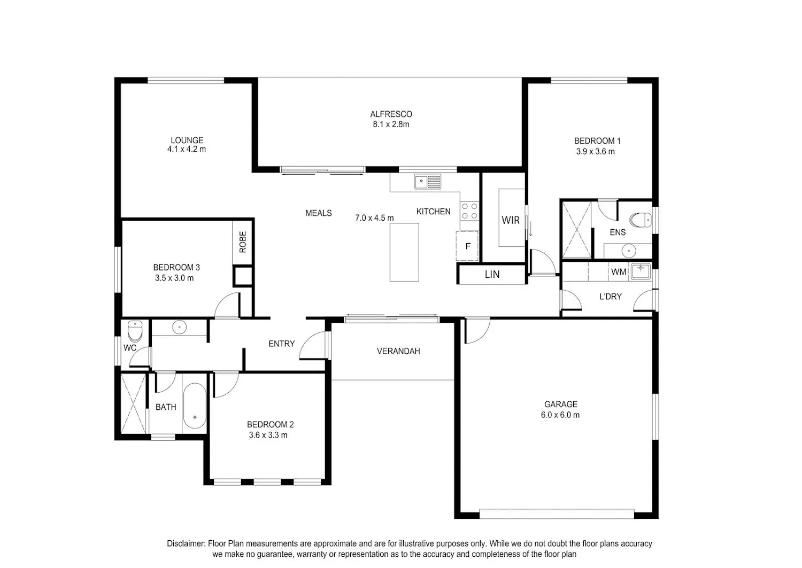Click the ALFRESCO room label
(391, 114)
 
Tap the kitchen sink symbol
(428, 182)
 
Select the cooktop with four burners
(469, 211)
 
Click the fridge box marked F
(467, 246)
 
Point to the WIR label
(511, 220)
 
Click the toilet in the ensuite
(641, 220)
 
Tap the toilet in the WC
(135, 331)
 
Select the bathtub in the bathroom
(195, 406)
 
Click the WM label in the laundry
(619, 272)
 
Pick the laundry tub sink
(641, 271)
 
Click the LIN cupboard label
(492, 275)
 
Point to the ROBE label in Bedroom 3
(243, 242)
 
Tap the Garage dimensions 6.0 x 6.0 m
(560, 415)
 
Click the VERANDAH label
(398, 351)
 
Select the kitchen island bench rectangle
(404, 252)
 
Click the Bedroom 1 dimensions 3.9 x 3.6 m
(596, 151)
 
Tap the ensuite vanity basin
(629, 251)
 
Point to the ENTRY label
(282, 344)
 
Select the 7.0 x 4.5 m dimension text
(374, 218)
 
